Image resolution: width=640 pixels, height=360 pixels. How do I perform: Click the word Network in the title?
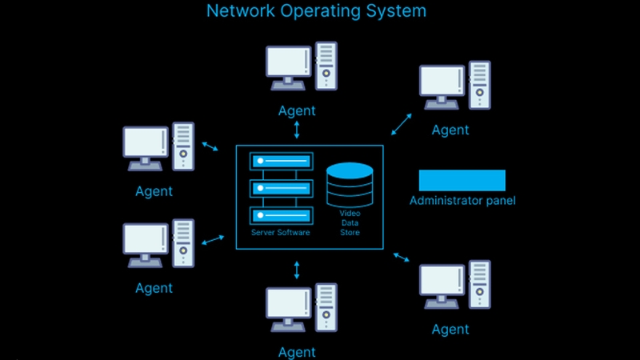pyautogui.click(x=241, y=10)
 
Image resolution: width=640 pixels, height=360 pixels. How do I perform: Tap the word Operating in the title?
pyautogui.click(x=321, y=11)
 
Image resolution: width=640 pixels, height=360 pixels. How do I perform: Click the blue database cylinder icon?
pyautogui.click(x=350, y=185)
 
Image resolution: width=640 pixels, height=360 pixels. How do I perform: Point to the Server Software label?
pyautogui.click(x=281, y=232)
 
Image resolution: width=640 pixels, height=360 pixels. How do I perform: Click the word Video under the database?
pyautogui.click(x=350, y=213)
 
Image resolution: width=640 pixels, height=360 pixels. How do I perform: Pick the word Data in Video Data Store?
pyautogui.click(x=350, y=223)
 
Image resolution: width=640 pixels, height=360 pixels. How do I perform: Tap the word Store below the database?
pyautogui.click(x=350, y=232)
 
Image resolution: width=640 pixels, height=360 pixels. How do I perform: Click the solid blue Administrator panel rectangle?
pyautogui.click(x=462, y=181)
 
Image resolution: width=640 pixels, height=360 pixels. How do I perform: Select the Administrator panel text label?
pyautogui.click(x=462, y=201)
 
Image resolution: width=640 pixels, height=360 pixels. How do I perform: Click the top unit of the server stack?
pyautogui.click(x=282, y=162)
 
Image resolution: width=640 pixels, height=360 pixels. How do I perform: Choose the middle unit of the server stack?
pyautogui.click(x=282, y=189)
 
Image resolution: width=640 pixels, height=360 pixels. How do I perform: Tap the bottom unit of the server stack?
pyautogui.click(x=282, y=215)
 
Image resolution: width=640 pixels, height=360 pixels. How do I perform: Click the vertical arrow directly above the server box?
pyautogui.click(x=297, y=130)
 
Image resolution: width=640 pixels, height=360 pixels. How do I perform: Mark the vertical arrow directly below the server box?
pyautogui.click(x=297, y=270)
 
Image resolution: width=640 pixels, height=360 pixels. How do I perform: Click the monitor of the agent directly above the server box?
pyautogui.click(x=289, y=68)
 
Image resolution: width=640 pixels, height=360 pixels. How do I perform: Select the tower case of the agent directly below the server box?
pyautogui.click(x=326, y=307)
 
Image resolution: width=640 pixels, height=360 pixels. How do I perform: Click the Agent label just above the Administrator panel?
pyautogui.click(x=450, y=130)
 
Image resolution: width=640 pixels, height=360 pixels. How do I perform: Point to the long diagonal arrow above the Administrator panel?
pyautogui.click(x=402, y=124)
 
